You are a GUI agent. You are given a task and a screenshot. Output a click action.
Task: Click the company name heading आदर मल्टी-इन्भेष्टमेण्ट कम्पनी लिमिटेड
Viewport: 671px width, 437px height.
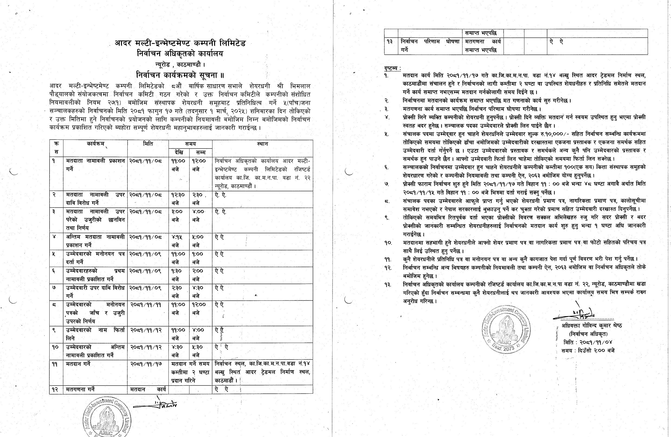180,43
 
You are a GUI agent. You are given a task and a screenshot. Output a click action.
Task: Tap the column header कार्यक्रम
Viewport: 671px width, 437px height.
95,144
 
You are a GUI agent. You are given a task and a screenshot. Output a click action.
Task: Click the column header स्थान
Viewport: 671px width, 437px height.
262,144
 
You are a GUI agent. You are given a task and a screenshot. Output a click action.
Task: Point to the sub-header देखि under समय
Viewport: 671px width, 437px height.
179,153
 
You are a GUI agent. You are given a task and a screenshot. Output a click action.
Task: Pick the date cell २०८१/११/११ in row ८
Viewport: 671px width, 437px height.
146,305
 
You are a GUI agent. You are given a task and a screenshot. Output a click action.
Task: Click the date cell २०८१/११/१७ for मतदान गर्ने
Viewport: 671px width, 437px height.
146,364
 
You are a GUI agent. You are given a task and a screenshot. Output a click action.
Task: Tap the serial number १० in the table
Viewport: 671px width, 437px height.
55,347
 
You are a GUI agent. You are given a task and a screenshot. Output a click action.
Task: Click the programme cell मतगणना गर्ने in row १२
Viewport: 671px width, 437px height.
80,389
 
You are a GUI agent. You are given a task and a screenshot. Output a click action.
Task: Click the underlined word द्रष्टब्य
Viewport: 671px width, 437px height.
392,68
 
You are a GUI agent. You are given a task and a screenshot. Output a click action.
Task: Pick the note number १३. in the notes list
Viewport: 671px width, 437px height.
388,285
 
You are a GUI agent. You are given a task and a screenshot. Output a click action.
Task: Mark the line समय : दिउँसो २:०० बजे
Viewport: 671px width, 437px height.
588,351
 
